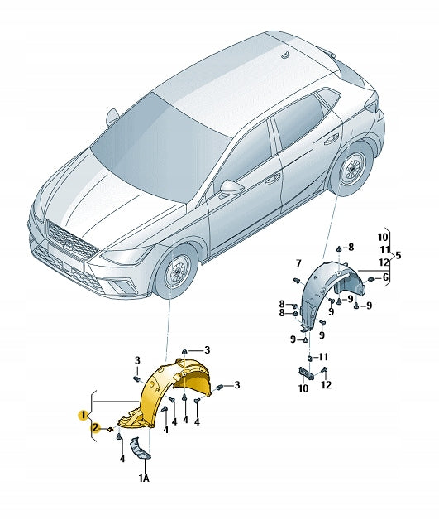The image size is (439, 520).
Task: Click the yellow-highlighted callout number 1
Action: click(x=82, y=415)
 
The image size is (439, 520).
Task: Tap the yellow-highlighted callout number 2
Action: click(x=96, y=428)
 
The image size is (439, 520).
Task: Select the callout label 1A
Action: click(x=144, y=478)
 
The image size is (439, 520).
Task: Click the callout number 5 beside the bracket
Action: click(x=398, y=255)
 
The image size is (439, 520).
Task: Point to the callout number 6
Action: click(x=385, y=277)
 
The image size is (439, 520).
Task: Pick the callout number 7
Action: click(x=298, y=263)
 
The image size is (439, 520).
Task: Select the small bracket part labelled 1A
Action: click(x=141, y=449)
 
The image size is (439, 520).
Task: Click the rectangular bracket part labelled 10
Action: click(x=307, y=373)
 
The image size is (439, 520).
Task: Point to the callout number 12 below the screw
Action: click(x=326, y=385)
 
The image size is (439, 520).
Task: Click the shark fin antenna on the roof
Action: click(x=286, y=55)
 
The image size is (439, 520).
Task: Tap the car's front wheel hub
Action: click(x=176, y=272)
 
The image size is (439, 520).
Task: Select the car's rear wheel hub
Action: click(x=351, y=170)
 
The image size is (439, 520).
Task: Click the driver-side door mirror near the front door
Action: click(x=229, y=188)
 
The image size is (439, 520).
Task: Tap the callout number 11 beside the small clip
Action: click(x=322, y=357)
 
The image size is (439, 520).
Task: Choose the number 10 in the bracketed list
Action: click(x=383, y=238)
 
